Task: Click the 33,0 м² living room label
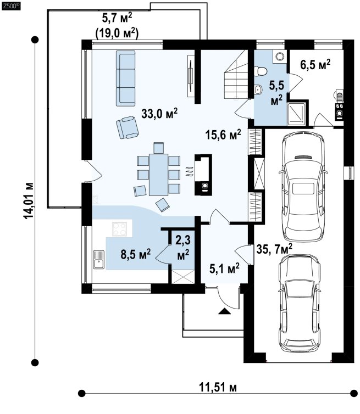159,114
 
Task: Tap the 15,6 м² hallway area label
223,135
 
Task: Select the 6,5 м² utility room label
315,64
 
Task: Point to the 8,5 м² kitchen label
136,254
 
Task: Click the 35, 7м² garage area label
274,249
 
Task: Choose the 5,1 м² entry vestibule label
224,268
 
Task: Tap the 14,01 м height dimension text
29,200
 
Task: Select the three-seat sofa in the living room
125,79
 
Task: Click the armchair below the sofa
127,127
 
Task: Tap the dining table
159,175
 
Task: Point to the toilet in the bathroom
261,71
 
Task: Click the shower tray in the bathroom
296,114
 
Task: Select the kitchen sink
99,260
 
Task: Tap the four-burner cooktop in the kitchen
119,229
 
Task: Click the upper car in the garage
303,186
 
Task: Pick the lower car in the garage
300,303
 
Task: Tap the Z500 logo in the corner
11,6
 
